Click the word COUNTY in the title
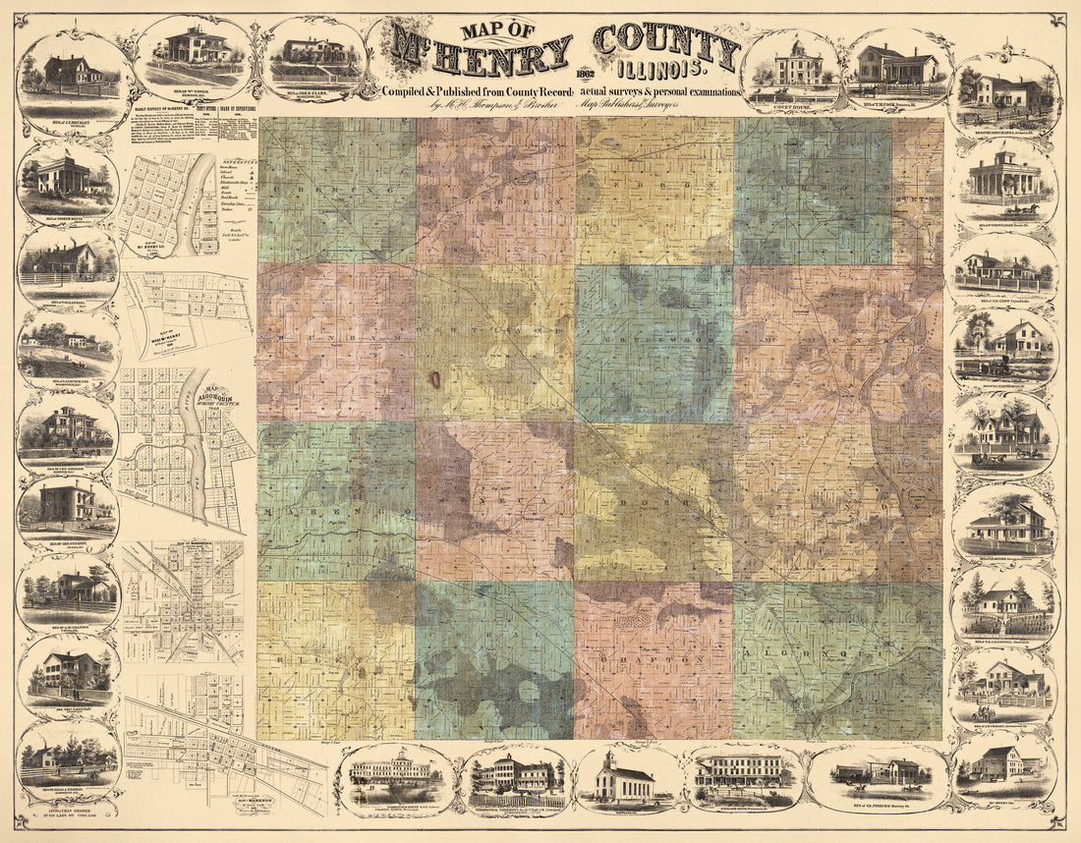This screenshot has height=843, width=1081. click(x=665, y=46)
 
